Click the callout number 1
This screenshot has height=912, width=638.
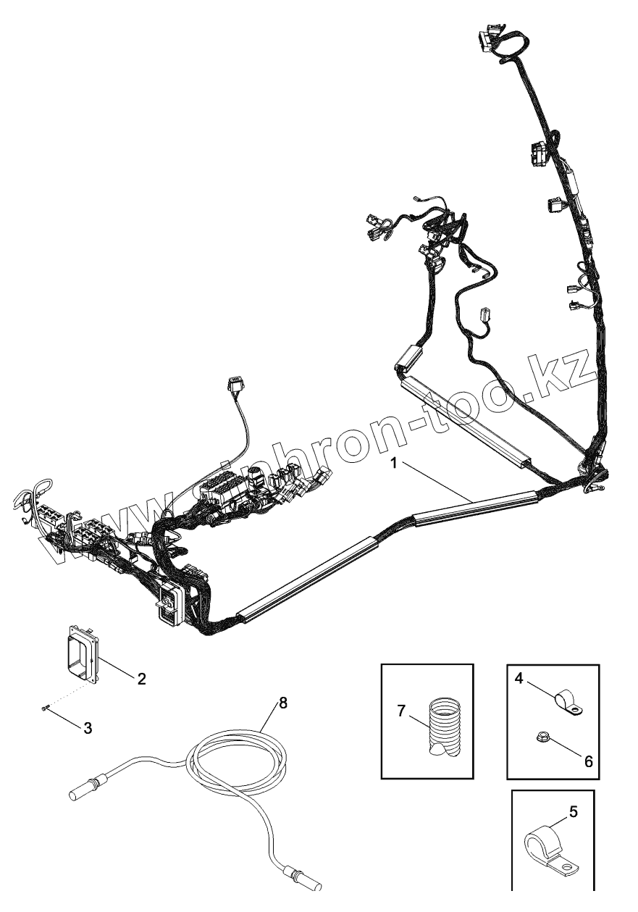point(395,463)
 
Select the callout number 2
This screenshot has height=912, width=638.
point(141,679)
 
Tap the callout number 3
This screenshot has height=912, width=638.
point(88,729)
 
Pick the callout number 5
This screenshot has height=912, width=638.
point(574,812)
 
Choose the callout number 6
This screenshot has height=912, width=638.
point(588,761)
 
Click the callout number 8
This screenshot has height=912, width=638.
point(283,702)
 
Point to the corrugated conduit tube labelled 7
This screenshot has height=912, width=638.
point(443,727)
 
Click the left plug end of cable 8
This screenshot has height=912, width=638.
point(86,790)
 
